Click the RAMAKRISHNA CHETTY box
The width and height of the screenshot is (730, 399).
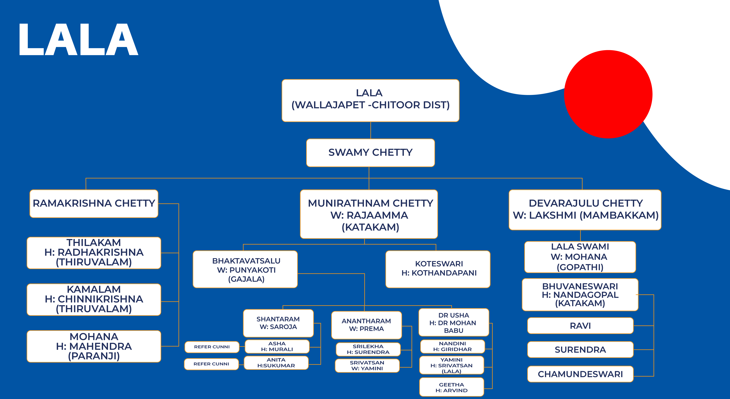(x=94, y=204)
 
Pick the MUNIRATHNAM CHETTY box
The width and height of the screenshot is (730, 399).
(x=369, y=214)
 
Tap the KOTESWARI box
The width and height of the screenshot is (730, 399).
(x=438, y=269)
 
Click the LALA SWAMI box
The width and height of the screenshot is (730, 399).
(x=580, y=257)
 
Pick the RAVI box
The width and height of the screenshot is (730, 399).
(x=580, y=326)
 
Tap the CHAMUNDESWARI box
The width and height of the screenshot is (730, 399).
(x=580, y=374)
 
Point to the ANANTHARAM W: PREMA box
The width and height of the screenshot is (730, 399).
(x=366, y=325)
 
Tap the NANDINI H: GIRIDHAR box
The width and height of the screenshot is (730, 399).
(x=453, y=346)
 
